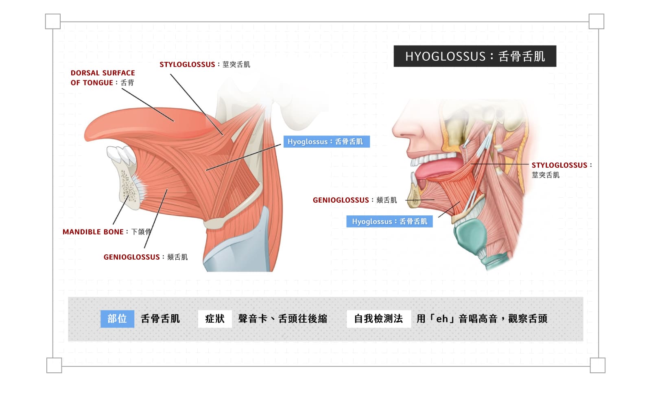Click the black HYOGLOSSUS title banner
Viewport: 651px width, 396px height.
(x=475, y=56)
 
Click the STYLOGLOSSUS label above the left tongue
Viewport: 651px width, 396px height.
(x=205, y=64)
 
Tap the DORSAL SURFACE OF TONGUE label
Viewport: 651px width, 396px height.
(x=103, y=78)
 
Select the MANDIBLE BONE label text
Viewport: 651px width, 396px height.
(x=107, y=232)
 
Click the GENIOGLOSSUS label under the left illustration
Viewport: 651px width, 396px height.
(x=146, y=257)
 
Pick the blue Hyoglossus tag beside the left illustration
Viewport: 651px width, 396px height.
(x=327, y=142)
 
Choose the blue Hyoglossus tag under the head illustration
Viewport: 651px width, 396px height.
(x=389, y=221)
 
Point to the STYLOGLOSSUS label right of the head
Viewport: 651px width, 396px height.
(x=561, y=170)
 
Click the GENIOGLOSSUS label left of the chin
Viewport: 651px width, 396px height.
(x=354, y=200)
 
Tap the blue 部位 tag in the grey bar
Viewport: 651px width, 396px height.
(x=117, y=319)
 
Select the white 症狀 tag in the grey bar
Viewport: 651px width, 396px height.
(x=215, y=319)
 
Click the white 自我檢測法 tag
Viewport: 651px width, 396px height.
(x=379, y=319)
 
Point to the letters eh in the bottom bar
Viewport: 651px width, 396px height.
(x=442, y=319)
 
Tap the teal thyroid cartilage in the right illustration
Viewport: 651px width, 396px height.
(x=470, y=236)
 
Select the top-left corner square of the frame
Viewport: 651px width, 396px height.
(x=53, y=21)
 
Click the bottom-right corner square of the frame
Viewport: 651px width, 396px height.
(x=598, y=365)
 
